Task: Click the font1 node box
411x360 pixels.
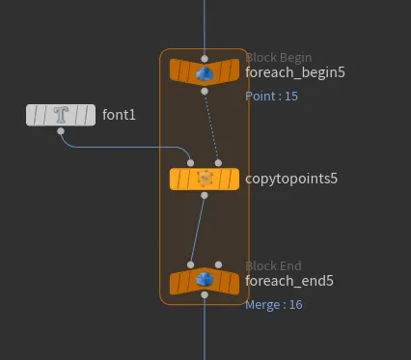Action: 61,115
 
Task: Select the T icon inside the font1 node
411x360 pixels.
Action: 61,115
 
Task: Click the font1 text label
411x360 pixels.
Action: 119,115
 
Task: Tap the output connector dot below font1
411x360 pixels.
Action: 61,131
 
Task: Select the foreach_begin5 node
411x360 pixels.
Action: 205,72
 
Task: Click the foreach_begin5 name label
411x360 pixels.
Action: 295,72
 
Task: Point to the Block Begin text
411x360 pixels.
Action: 279,58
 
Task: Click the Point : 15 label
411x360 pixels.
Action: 271,97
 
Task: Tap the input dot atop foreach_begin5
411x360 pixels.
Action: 205,59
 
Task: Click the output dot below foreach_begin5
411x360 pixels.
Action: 205,92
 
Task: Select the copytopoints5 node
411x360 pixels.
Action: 205,180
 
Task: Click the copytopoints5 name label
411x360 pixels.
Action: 291,179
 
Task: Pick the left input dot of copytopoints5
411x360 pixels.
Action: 190,163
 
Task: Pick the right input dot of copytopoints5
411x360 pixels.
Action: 218,163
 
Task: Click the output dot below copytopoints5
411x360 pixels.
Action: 205,195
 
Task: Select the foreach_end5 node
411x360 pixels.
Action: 205,281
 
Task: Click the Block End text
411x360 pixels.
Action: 273,266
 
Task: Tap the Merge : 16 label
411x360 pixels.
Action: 274,305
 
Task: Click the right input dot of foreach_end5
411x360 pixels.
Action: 218,264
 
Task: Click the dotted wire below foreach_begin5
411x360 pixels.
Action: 211,127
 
